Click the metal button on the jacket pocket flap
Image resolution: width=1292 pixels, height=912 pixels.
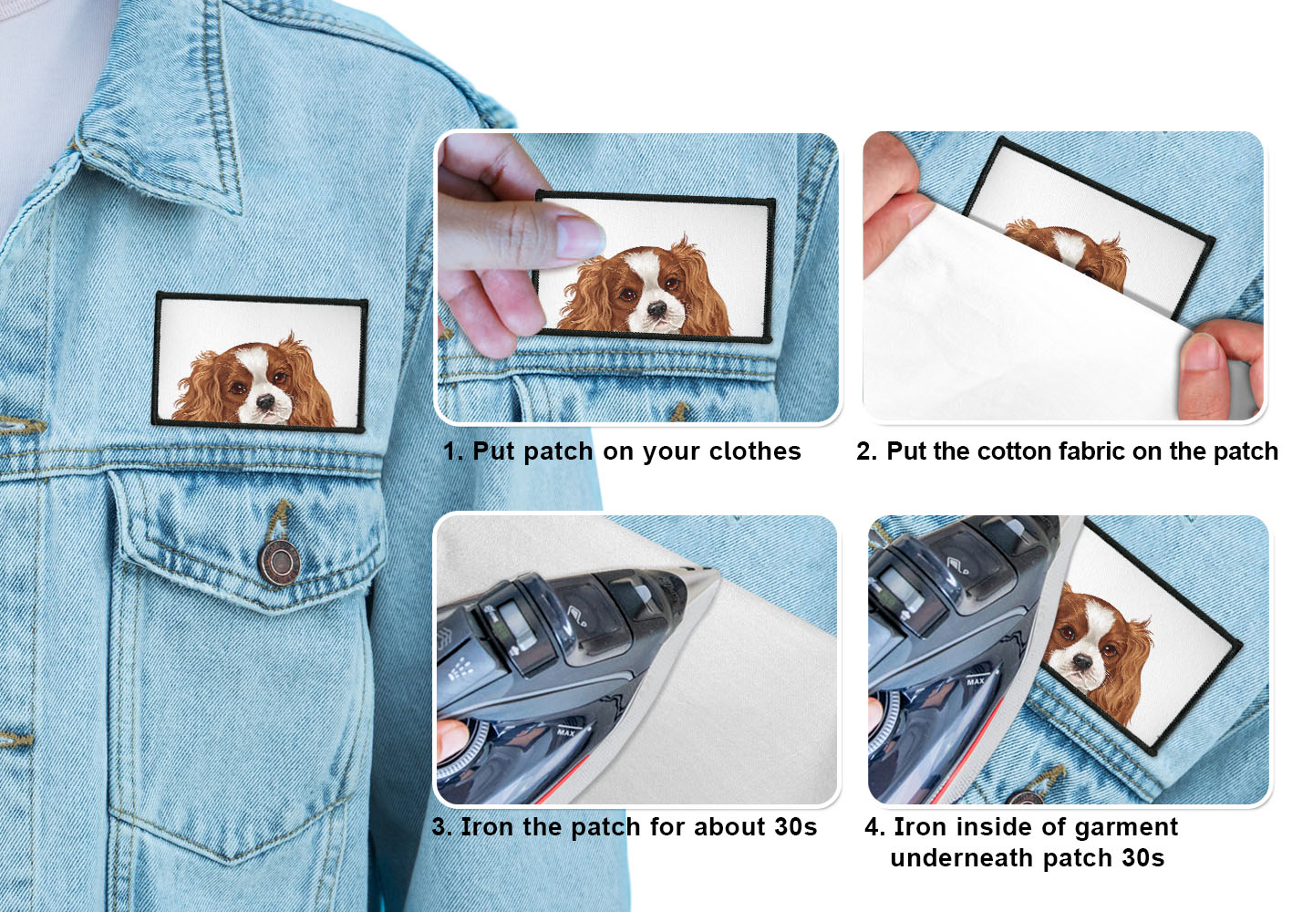pos(279,562)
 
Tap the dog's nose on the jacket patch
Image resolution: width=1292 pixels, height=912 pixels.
pos(266,401)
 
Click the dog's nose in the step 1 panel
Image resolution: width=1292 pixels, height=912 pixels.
pos(657,308)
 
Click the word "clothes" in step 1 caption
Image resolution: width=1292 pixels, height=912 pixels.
pos(755,451)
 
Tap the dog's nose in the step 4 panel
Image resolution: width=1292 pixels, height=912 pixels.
pos(1082,661)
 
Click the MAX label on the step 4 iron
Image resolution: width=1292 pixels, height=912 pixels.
pos(976,680)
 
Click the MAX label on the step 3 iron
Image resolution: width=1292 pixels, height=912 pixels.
pos(566,731)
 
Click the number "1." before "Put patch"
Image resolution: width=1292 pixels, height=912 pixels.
pos(453,451)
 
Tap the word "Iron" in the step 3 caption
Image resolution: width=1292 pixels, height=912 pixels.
pos(487,826)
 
